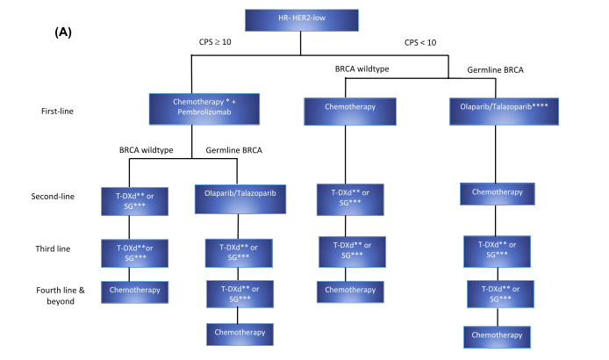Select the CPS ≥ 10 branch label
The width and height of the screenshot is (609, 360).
click(x=215, y=41)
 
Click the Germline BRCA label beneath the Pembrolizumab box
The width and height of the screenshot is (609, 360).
click(x=234, y=150)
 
